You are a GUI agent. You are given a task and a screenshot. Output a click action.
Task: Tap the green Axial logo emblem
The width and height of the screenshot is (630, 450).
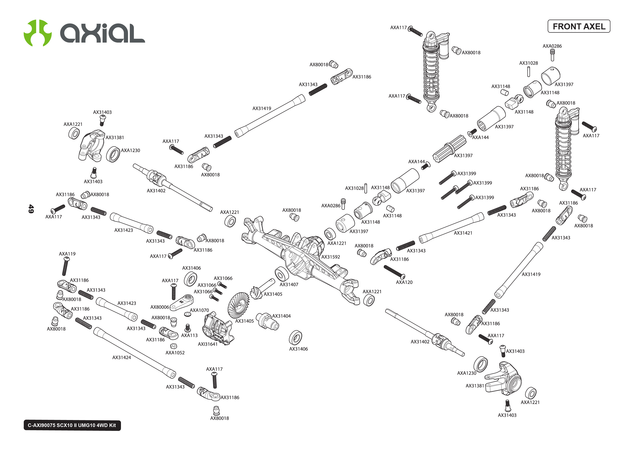[38, 33]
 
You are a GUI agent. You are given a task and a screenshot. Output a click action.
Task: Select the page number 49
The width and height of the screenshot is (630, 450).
[31, 209]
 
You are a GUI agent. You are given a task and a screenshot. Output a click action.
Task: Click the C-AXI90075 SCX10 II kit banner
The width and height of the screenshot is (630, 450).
[72, 425]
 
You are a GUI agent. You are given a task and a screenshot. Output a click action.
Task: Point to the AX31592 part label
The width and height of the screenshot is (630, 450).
[330, 257]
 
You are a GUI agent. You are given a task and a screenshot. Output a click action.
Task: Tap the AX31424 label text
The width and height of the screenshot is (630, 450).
[121, 357]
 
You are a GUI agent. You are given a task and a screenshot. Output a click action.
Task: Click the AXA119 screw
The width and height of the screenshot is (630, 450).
[66, 266]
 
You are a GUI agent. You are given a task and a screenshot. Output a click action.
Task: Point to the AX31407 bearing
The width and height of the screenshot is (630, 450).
[282, 274]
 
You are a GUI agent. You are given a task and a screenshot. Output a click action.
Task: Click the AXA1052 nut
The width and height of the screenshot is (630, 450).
[173, 346]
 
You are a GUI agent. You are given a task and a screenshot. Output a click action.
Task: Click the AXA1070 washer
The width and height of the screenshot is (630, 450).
[187, 314]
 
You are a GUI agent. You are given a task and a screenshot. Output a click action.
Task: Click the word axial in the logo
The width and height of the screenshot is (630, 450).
[103, 33]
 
